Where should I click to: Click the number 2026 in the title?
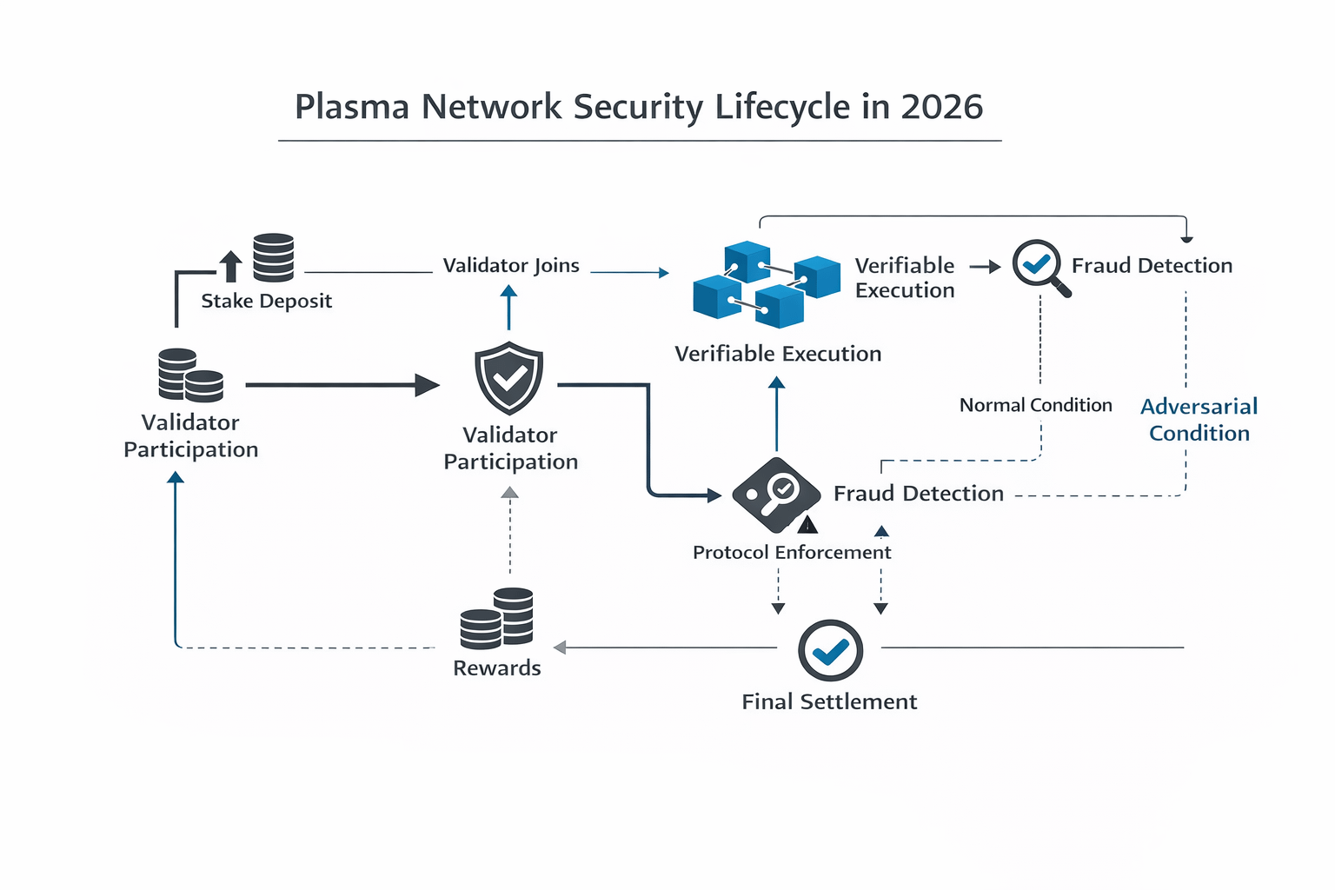point(941,107)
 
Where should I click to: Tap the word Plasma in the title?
point(352,107)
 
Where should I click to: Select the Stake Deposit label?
point(266,301)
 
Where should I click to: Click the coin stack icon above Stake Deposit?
point(273,257)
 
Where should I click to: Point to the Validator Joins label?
point(511,265)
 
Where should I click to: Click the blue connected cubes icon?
point(766,284)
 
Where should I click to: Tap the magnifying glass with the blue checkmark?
point(1039,266)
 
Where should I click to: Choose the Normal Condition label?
point(1035,405)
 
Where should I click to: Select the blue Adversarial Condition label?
point(1199,420)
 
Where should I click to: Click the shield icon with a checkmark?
point(509,378)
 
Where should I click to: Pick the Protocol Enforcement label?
point(792,552)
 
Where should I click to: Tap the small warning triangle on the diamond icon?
point(807,524)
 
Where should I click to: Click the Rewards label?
point(497,668)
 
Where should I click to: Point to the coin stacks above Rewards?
point(497,618)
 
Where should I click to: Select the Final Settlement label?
point(829,701)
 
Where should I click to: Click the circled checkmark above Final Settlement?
point(830,650)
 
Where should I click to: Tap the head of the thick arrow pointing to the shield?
point(427,384)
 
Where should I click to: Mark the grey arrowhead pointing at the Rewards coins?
point(560,648)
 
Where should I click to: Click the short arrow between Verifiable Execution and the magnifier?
point(985,267)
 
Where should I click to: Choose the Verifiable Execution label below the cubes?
point(778,354)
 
